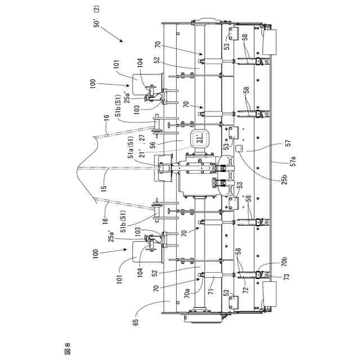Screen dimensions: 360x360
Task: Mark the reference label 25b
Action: [285, 179]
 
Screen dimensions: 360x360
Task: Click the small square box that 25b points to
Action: [238, 148]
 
